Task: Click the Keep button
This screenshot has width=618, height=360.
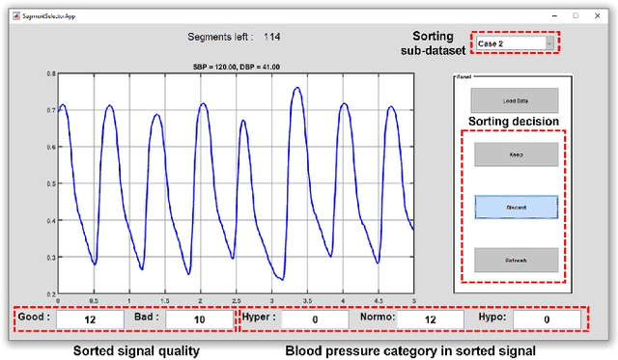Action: coord(515,154)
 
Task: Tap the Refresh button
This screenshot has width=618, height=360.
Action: coord(515,260)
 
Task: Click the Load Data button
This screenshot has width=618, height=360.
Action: coord(515,99)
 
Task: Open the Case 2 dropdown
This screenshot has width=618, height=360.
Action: coord(514,43)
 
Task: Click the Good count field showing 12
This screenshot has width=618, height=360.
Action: coord(90,318)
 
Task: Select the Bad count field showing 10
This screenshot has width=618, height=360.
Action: coord(199,318)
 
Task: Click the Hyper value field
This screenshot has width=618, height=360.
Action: coord(314,318)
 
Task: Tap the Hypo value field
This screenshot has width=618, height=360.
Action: coord(547,318)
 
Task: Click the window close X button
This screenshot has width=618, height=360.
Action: coord(598,15)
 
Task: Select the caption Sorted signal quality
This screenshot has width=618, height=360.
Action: coord(136,350)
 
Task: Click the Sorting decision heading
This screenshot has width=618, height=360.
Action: coord(513,122)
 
